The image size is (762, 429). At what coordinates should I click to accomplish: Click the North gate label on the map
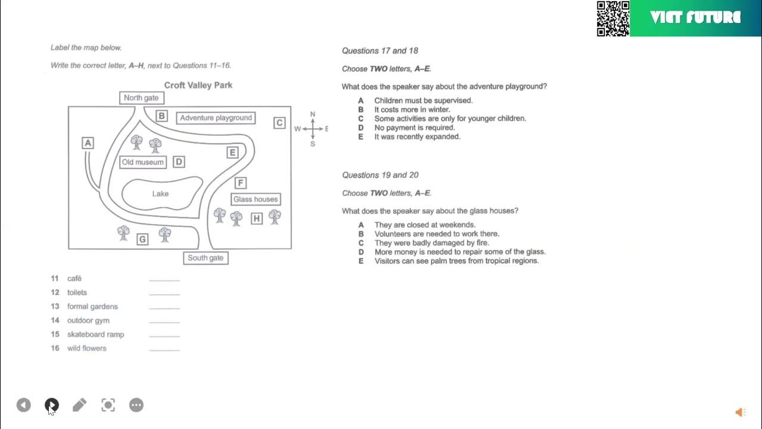click(141, 98)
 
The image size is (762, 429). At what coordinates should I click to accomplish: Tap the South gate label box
click(205, 258)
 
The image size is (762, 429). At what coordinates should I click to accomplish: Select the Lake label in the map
click(160, 194)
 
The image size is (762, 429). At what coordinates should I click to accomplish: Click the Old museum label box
click(142, 162)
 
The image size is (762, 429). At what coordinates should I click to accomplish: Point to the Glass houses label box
click(255, 200)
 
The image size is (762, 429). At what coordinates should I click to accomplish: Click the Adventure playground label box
click(216, 118)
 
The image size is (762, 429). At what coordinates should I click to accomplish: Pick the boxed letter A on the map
click(88, 143)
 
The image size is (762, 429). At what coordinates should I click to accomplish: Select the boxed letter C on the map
click(279, 123)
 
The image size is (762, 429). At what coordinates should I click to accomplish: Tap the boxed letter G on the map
click(142, 240)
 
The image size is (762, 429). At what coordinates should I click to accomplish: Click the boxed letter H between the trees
click(257, 219)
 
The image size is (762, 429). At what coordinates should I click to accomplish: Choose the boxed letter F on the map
click(240, 183)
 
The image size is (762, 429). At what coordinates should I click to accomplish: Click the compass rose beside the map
click(313, 129)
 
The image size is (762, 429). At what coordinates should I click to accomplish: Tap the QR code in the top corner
click(613, 18)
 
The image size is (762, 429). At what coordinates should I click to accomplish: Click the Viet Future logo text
click(695, 18)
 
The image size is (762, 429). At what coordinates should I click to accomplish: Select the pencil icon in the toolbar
click(79, 405)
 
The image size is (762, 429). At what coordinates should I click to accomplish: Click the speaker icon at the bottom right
click(740, 412)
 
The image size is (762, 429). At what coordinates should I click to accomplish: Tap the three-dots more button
click(136, 405)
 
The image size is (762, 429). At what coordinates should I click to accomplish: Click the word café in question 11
click(74, 278)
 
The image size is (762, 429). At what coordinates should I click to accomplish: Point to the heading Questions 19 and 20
click(380, 175)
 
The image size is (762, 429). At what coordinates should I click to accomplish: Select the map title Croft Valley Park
click(198, 85)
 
